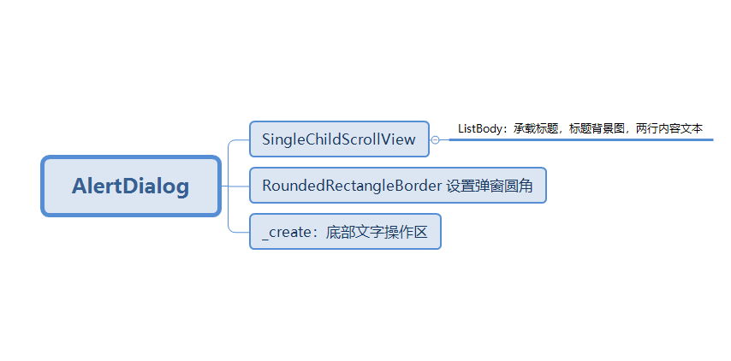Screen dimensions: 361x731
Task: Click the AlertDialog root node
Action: pyautogui.click(x=131, y=186)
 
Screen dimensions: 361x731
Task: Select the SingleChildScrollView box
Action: pyautogui.click(x=339, y=139)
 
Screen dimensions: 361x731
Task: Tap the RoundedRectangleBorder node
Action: pyautogui.click(x=397, y=186)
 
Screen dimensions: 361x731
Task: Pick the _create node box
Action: pyautogui.click(x=345, y=232)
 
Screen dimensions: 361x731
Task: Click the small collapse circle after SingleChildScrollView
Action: pyautogui.click(x=436, y=139)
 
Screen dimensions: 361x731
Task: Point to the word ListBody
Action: pyautogui.click(x=478, y=129)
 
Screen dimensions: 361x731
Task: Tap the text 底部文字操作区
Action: pyautogui.click(x=377, y=232)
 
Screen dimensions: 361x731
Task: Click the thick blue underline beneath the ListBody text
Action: pyautogui.click(x=582, y=139)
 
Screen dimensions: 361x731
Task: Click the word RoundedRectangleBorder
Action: pyautogui.click(x=352, y=186)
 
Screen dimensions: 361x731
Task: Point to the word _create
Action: pyautogui.click(x=288, y=232)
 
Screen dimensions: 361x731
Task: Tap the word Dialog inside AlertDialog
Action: pyautogui.click(x=159, y=186)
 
